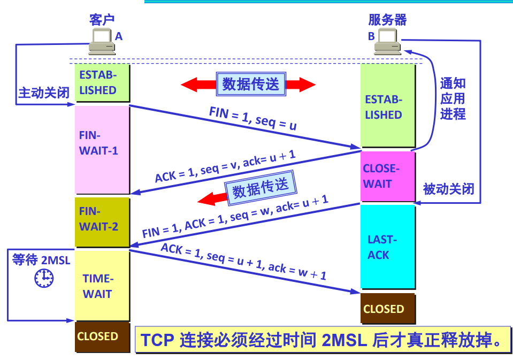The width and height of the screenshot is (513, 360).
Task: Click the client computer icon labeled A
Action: click(101, 42)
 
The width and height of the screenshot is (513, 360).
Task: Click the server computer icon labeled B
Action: click(387, 41)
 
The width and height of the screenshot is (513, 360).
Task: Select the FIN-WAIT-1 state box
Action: click(102, 149)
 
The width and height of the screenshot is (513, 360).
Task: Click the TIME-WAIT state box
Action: click(102, 286)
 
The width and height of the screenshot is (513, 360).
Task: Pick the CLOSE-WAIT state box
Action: click(387, 176)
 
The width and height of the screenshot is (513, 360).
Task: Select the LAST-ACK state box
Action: click(387, 247)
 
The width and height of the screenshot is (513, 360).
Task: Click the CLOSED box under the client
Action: click(102, 336)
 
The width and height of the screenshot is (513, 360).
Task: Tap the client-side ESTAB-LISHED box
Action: click(102, 82)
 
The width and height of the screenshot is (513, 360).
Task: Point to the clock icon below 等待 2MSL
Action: click(44, 278)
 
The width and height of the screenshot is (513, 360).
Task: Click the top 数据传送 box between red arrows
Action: click(250, 84)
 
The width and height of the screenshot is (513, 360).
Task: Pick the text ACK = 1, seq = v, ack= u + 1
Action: click(225, 166)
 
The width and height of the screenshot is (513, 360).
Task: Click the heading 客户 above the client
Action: click(102, 20)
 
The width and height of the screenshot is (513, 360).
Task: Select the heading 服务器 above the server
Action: click(387, 20)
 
